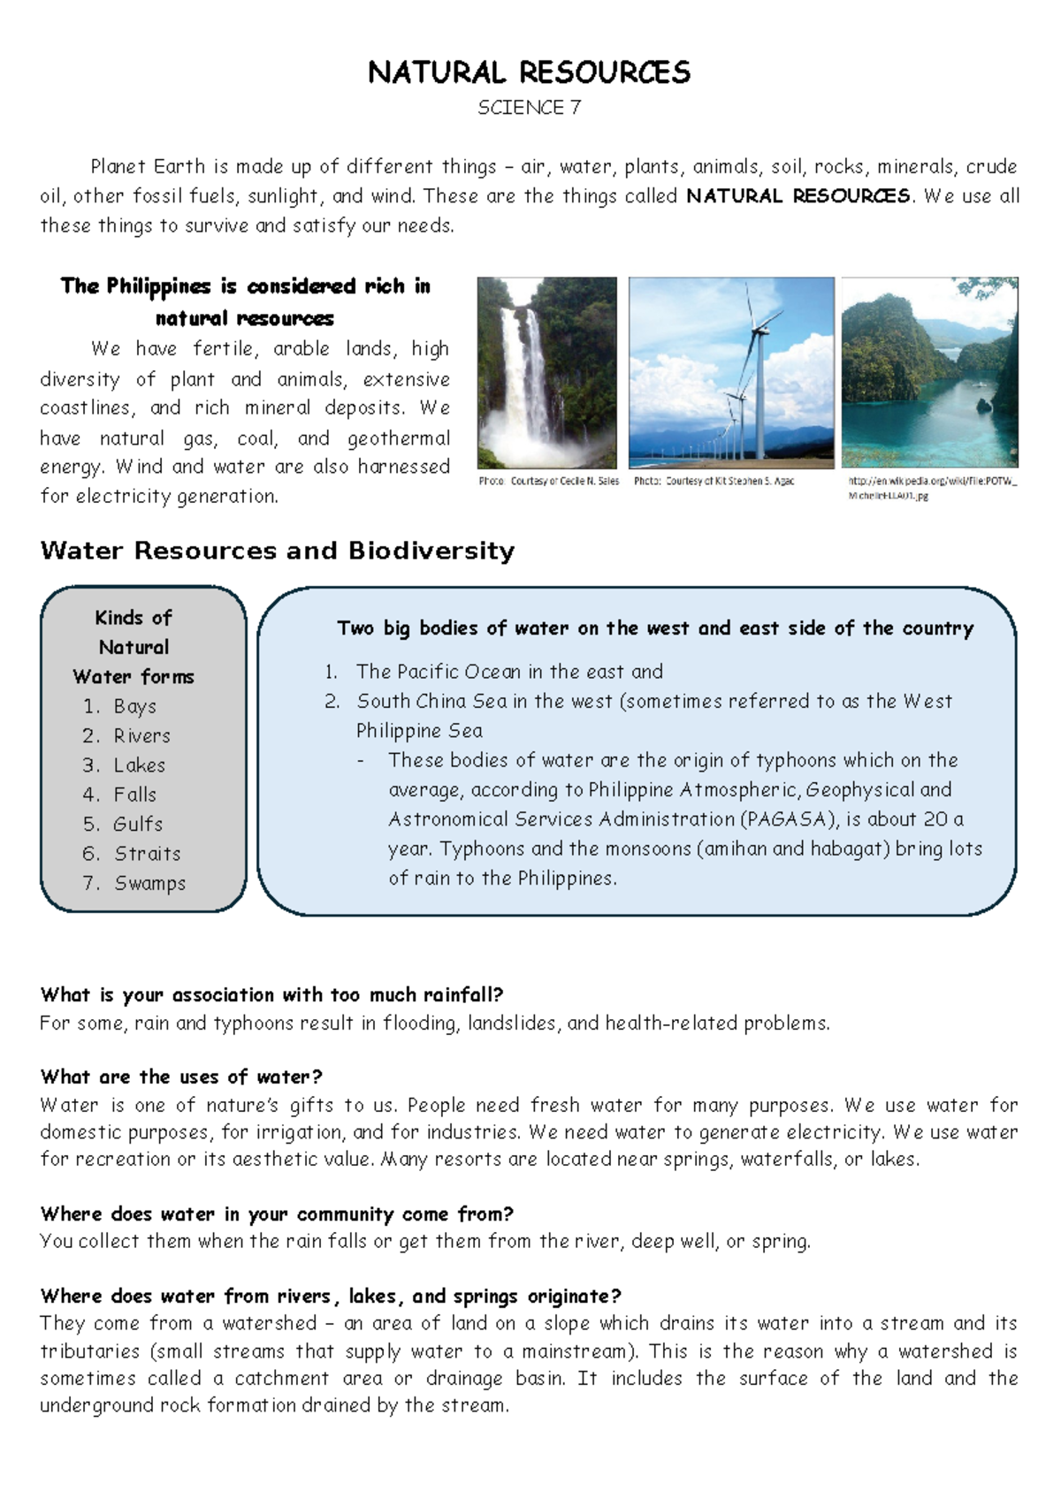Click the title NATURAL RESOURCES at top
click(529, 72)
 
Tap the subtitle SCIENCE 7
click(529, 108)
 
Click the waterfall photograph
click(546, 372)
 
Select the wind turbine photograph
click(731, 372)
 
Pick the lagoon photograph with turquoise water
click(929, 372)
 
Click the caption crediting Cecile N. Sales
click(548, 482)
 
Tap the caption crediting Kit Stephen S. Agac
click(714, 482)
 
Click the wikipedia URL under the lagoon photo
click(932, 489)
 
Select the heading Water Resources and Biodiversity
click(277, 551)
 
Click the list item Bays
click(134, 706)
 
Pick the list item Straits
click(147, 854)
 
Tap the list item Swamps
click(149, 883)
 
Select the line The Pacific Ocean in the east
click(508, 672)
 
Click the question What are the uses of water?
click(181, 1077)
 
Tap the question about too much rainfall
click(271, 995)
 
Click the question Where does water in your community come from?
click(277, 1214)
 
